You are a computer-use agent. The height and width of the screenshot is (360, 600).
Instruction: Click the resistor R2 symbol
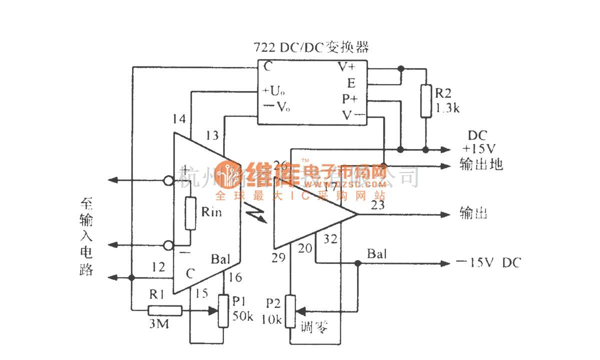tap(425, 101)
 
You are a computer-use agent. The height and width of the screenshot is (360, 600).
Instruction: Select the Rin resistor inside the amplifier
tap(190, 213)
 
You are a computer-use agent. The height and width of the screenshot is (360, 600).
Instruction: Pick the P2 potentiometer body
tap(291, 311)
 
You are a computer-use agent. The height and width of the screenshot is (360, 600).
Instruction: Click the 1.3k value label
tap(447, 108)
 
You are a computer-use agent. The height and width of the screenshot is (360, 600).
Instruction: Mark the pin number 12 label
tap(158, 268)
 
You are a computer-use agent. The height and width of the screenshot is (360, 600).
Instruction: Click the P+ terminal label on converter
tap(349, 99)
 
